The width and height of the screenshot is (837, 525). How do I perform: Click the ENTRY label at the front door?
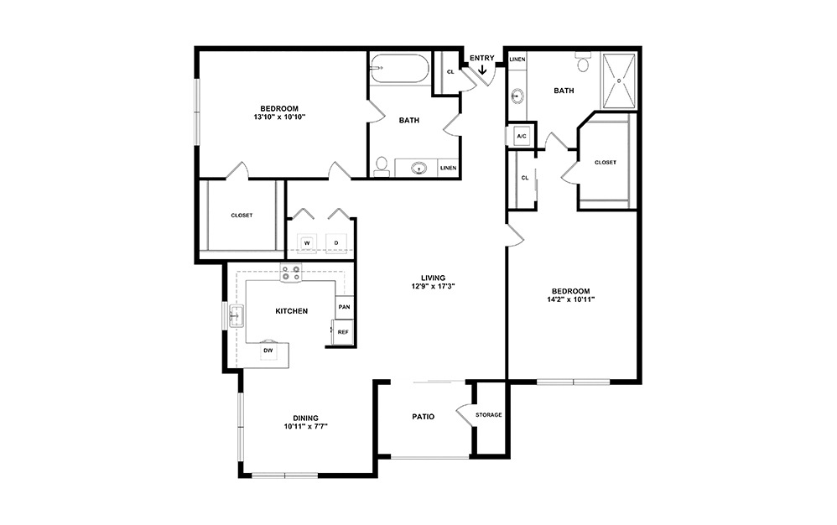(482, 58)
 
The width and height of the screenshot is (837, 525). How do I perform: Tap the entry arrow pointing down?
(482, 70)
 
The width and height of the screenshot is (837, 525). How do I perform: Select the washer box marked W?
(307, 243)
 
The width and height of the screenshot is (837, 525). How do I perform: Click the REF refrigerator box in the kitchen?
(343, 332)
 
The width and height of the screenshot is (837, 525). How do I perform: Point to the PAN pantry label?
(343, 307)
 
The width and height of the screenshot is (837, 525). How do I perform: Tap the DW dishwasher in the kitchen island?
(268, 351)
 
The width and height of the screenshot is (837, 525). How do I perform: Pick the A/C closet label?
(521, 136)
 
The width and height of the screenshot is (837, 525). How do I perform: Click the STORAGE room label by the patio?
(488, 415)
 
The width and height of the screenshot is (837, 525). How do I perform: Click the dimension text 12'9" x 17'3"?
(433, 287)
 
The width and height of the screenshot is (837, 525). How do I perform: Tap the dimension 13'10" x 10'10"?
(279, 117)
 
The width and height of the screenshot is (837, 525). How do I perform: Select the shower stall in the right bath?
(620, 81)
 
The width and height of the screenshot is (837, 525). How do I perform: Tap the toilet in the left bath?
(381, 165)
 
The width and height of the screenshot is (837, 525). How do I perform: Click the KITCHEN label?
(291, 311)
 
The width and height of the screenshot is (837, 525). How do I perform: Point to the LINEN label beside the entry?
(517, 60)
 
